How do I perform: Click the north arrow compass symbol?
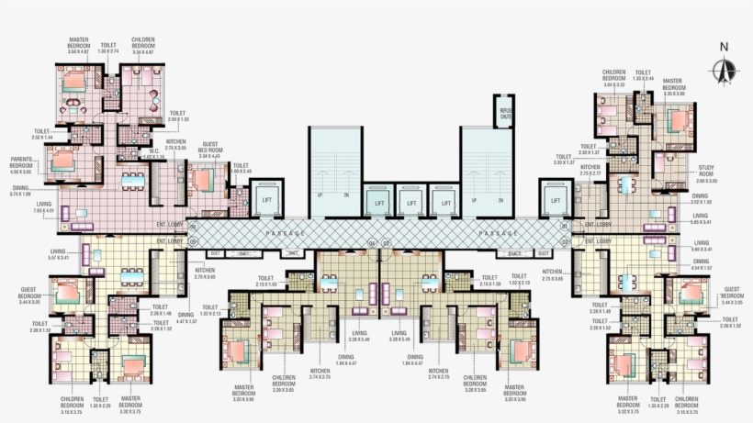coord(725,68)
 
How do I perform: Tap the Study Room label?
coord(706,170)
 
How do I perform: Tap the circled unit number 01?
coord(564,225)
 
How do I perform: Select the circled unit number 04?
coord(372,243)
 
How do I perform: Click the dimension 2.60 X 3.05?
coord(706,181)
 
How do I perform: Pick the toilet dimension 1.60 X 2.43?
coord(241,172)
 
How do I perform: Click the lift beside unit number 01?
coord(553,200)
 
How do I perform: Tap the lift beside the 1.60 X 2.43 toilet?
coord(267,200)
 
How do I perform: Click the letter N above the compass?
coord(725,47)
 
